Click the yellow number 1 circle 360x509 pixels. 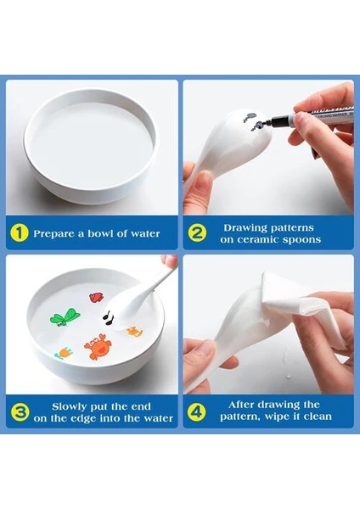(x=20, y=233)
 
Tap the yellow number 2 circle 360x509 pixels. (x=197, y=233)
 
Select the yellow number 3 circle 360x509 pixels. (x=20, y=412)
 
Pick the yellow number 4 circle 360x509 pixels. (x=197, y=412)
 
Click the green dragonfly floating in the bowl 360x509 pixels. (x=65, y=317)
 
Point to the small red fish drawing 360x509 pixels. (x=96, y=298)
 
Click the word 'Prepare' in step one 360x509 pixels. (x=53, y=234)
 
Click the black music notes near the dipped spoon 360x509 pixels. (x=108, y=316)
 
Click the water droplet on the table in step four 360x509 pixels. (x=288, y=377)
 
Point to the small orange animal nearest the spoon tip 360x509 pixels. (x=134, y=332)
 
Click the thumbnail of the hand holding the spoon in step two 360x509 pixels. (x=198, y=187)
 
